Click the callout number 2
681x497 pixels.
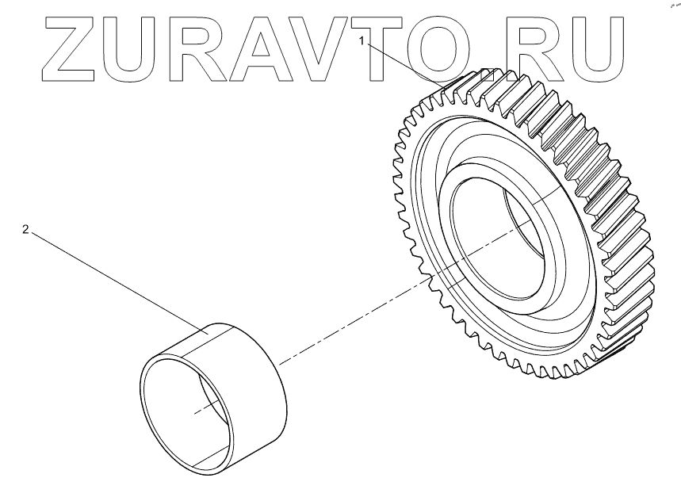coord(25,229)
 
